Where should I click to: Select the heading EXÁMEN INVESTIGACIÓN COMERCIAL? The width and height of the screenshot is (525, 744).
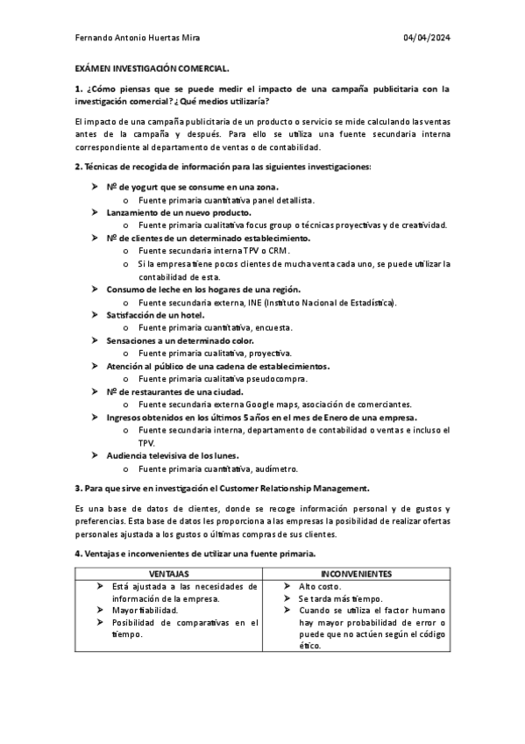[153, 68]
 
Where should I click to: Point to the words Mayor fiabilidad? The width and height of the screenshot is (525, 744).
[146, 611]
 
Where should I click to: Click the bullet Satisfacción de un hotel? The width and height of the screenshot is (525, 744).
[155, 314]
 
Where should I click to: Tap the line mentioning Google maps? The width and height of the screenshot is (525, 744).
[274, 404]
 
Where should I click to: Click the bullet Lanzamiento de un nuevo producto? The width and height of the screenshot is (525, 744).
[179, 211]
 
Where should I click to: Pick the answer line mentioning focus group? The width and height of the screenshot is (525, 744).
[292, 225]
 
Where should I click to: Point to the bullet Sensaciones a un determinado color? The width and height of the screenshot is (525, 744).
[180, 340]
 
